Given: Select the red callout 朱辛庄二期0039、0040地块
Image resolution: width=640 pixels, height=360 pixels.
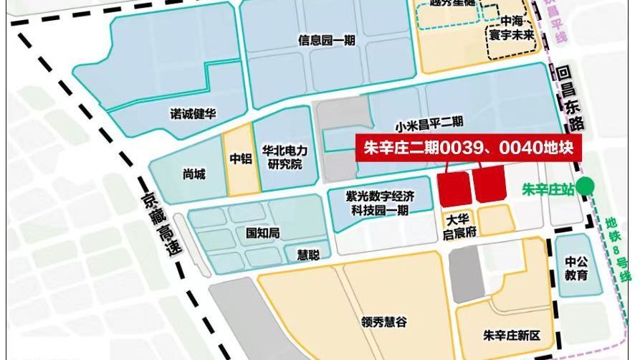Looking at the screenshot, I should [469, 148].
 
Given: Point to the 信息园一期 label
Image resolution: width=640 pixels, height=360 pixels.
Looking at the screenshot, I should [327, 41].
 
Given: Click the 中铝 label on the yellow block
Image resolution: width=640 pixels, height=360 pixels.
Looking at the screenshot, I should [240, 159].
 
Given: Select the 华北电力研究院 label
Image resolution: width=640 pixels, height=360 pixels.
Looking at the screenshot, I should [285, 158].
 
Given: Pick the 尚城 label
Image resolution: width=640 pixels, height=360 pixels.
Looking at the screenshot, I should [194, 174].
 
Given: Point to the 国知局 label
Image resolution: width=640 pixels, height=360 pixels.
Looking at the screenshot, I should [262, 232].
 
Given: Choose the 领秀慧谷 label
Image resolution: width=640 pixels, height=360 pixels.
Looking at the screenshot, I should [386, 322].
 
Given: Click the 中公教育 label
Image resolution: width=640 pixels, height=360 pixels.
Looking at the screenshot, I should [576, 267].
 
